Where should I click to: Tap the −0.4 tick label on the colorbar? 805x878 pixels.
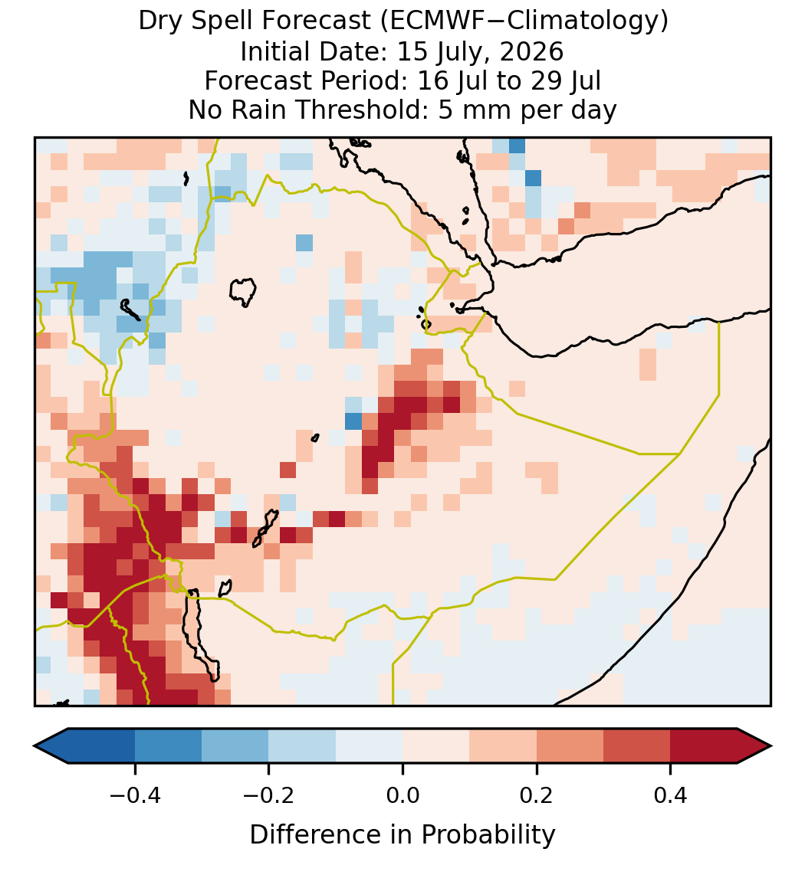click(x=135, y=795)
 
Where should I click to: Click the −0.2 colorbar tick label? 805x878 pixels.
click(x=269, y=795)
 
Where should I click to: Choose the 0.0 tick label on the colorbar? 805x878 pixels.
click(x=402, y=795)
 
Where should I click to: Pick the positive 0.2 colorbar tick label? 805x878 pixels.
click(x=537, y=795)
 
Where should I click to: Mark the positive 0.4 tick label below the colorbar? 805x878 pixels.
click(x=671, y=795)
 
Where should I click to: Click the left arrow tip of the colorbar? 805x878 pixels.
click(x=34, y=746)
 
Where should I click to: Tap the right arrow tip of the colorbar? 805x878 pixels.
click(x=771, y=746)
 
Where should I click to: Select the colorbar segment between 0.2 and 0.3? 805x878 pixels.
click(x=570, y=746)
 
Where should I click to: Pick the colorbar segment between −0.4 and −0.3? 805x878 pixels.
click(x=168, y=746)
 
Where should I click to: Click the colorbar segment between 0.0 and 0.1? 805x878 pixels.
click(x=436, y=746)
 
